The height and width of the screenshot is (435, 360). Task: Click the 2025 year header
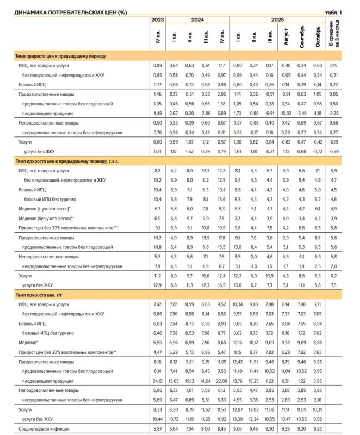pyautogui.click(x=277, y=20)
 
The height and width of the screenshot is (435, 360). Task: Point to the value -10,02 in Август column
pyautogui.click(x=285, y=113)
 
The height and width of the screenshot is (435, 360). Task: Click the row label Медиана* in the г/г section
pyautogui.click(x=30, y=344)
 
